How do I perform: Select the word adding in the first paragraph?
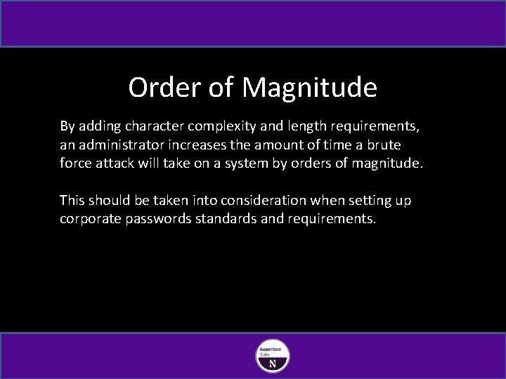coord(100,126)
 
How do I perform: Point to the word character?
coord(156,126)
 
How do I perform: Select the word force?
coord(76,164)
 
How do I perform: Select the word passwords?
coord(159,219)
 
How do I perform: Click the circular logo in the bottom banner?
coord(273,356)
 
